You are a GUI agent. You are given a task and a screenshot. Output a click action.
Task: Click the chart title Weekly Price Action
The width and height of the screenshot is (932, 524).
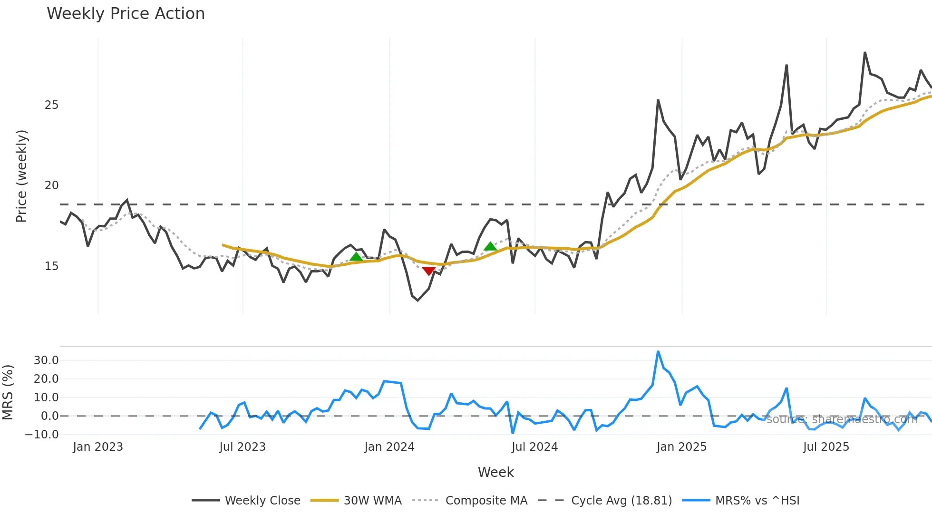126,14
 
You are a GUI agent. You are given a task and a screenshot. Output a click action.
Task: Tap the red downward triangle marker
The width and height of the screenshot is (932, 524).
428,271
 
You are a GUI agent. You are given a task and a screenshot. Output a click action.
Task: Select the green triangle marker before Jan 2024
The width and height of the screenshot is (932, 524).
356,257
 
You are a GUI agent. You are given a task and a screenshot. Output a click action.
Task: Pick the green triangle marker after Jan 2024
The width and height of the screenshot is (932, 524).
490,246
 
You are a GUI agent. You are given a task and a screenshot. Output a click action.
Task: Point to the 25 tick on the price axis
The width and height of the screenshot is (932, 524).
51,105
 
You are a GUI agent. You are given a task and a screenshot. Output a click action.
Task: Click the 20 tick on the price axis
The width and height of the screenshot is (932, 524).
51,185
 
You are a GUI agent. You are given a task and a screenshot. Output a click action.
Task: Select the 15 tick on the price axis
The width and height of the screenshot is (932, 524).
51,266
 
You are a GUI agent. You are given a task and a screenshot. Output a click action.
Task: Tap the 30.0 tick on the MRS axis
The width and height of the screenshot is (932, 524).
46,360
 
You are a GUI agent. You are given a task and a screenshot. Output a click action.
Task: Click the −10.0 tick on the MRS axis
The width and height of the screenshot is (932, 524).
42,435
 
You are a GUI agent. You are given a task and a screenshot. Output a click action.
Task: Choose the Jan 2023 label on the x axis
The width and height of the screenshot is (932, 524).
98,447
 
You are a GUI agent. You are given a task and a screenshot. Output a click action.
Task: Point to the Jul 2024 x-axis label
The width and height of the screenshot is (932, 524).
534,447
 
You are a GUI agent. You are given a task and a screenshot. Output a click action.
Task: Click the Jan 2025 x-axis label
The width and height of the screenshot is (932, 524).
681,447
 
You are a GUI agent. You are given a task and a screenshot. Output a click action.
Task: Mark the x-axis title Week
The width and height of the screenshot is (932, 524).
495,472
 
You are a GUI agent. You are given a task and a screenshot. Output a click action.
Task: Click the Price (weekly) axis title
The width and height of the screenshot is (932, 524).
22,176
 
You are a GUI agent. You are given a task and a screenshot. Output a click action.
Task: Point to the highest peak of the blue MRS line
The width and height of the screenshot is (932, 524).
658,352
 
